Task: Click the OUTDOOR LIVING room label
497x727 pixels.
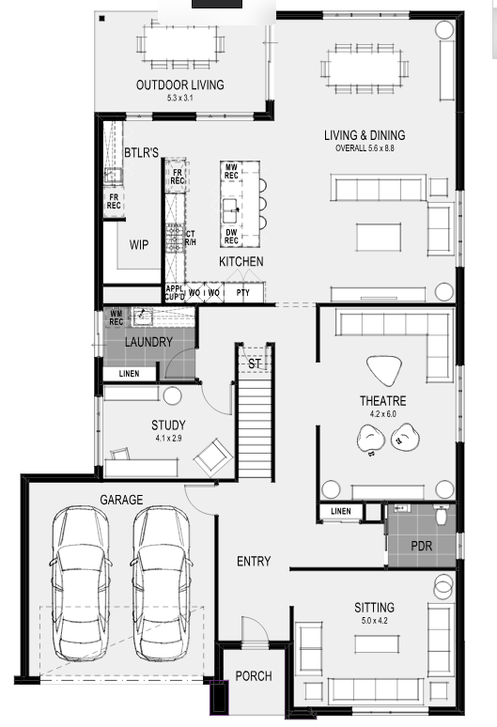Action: pos(179,85)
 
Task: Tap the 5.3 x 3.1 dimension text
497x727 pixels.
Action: pos(179,98)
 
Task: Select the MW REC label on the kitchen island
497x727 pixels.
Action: pos(231,171)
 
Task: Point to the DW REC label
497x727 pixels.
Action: pos(231,237)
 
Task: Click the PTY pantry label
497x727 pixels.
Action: pos(243,292)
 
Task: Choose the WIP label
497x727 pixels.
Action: pos(139,245)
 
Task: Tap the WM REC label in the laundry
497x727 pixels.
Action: pos(116,317)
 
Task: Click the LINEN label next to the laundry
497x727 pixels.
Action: pos(129,373)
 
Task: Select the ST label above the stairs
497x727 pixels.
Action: pos(254,363)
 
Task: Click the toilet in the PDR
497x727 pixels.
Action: pos(441,514)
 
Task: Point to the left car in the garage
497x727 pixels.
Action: pos(81,582)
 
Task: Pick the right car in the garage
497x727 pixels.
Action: pos(162,582)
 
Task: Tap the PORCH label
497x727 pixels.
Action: pos(254,676)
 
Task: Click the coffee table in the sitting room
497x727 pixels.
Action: pos(377,644)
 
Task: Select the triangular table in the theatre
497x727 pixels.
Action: pos(384,370)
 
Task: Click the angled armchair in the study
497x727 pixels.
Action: pos(213,457)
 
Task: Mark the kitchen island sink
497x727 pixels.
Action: pos(230,211)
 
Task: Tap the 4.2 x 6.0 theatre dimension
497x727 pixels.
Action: pos(383,413)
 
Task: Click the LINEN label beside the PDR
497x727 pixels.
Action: pos(341,511)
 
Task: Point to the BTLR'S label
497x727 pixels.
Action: pos(142,152)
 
